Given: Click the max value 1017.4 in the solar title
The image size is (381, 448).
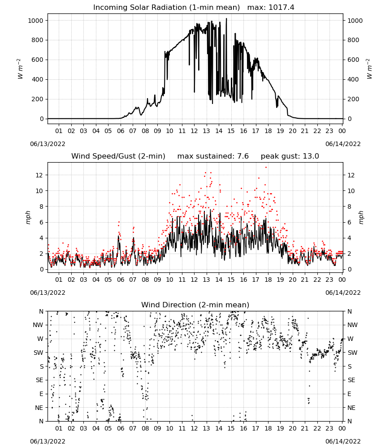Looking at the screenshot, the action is pos(281,7).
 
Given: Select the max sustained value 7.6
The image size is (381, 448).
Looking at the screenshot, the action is pos(243,156).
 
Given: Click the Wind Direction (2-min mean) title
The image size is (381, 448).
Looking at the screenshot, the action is pos(195,305).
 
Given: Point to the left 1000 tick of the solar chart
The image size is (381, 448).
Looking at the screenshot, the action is pos(35,21).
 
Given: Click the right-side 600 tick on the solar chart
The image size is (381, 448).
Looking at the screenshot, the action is pos(353,60).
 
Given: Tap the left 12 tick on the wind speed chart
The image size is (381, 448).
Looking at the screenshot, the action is pos(39,175).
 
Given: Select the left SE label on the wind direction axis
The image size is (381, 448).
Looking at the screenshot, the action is pos(39,380).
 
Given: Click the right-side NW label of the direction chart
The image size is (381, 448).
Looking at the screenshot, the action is pos(352,325).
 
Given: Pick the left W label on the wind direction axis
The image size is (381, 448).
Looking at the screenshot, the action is pos(40,339).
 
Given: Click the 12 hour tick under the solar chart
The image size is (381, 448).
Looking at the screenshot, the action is pos(194,131).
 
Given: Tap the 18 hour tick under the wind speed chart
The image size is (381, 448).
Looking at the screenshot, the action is pos(268,280).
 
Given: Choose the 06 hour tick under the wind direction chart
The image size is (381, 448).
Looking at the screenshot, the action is pos(120,428).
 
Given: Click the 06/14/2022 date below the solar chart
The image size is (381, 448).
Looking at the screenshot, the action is pos(343,144).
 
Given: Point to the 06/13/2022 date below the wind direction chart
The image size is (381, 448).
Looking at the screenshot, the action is pos(48,441).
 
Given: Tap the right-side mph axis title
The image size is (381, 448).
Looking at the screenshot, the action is pos(361,217).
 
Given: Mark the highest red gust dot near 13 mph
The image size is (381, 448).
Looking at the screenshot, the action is pos(266,167).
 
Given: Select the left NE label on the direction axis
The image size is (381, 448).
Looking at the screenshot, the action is pos(39,408).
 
